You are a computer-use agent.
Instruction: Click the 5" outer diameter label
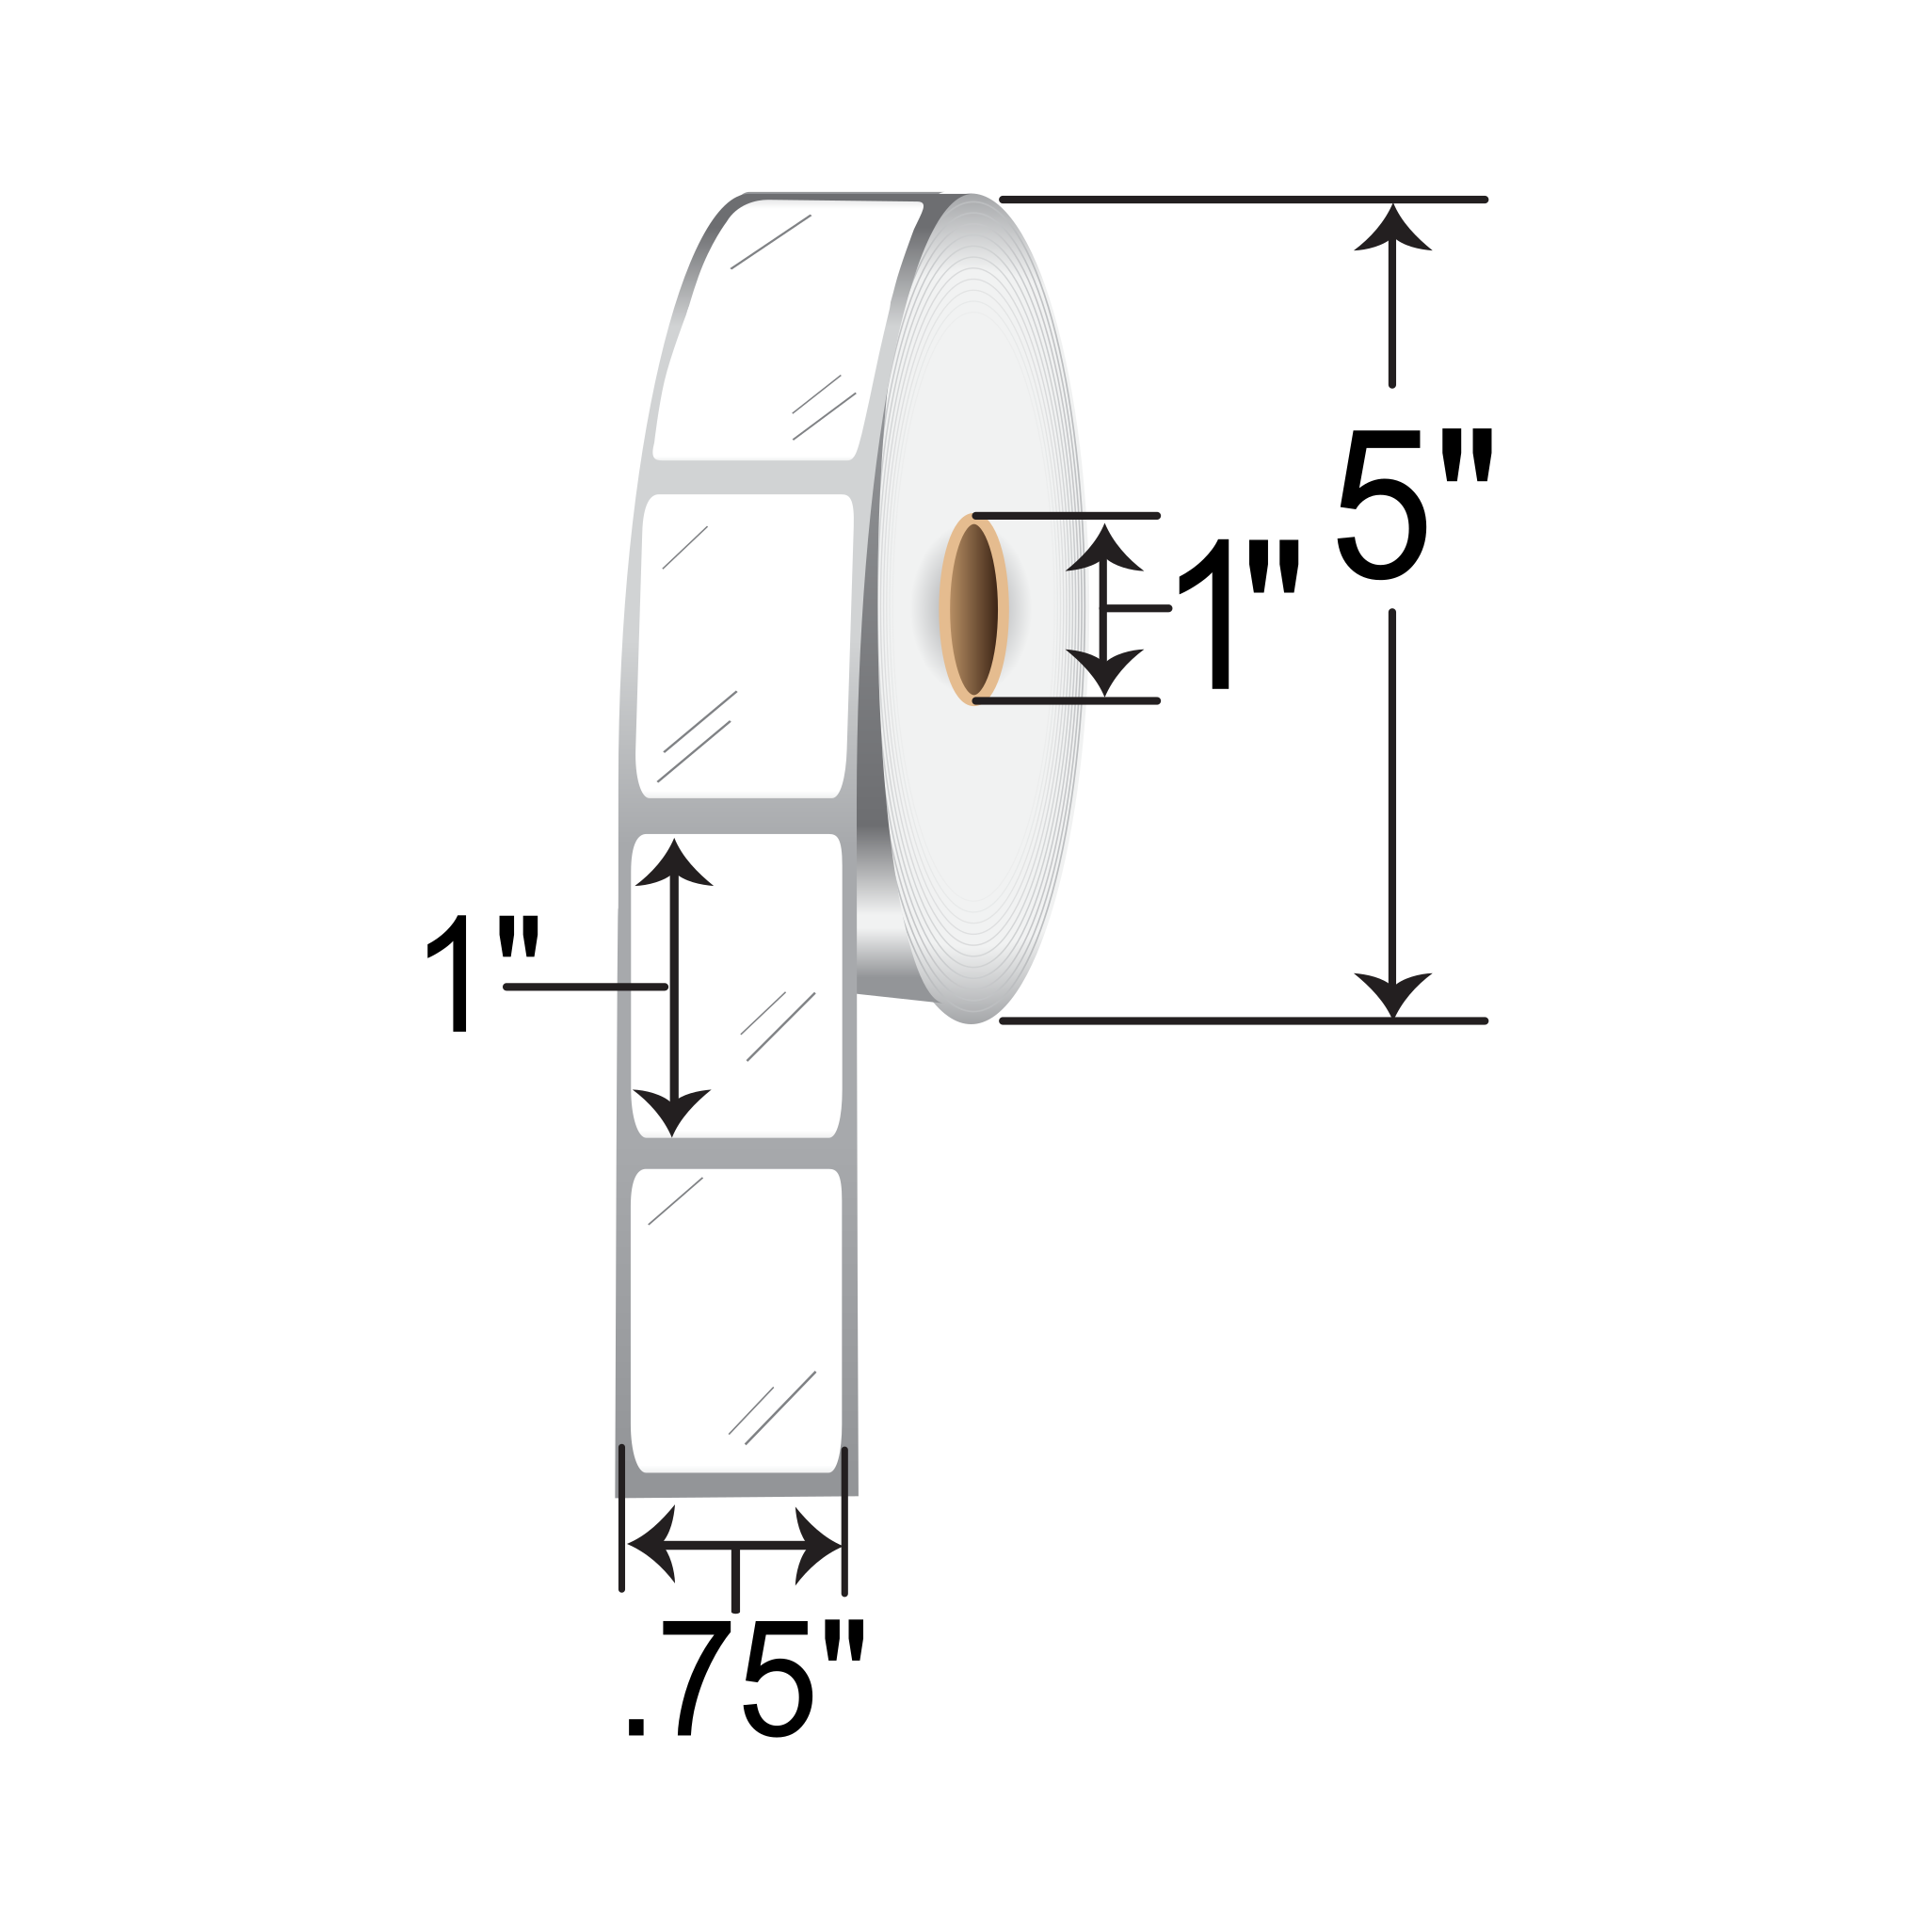[x=1415, y=504]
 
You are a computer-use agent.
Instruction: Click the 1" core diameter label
[x=1237, y=614]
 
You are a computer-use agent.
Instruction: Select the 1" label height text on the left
[x=481, y=973]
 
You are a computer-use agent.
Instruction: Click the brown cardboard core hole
[x=973, y=609]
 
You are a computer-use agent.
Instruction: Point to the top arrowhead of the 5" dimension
[x=1392, y=230]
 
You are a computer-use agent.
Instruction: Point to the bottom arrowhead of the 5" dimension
[x=1392, y=993]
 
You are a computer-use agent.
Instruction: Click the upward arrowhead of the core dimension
[x=1103, y=550]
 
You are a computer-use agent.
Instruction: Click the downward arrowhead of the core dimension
[x=1103, y=669]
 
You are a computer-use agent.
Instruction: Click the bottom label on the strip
[x=736, y=1323]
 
